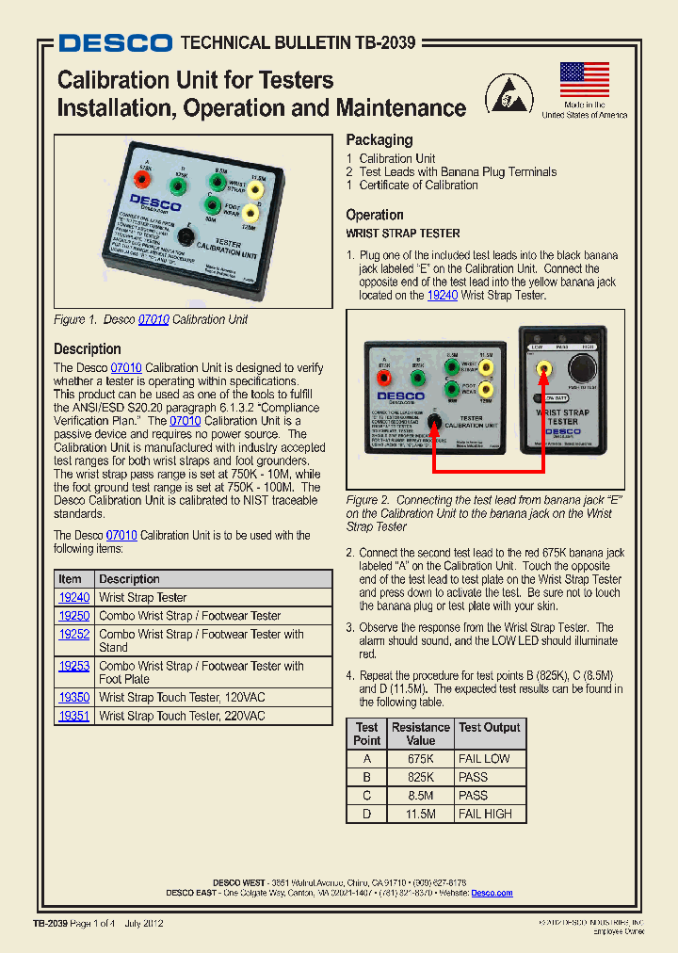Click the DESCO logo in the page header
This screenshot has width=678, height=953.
115,43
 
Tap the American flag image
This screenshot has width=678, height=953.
584,80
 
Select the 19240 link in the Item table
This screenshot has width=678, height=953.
74,598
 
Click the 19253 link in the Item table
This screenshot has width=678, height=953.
74,666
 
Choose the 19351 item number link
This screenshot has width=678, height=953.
74,717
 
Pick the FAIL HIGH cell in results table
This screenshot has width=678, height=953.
485,814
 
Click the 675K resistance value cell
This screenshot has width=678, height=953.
420,759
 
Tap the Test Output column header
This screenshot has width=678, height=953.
489,728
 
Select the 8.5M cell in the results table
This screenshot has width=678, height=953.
420,796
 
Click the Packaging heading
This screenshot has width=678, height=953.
379,139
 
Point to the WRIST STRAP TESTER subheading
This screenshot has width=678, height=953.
403,234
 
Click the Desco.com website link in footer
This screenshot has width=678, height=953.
492,893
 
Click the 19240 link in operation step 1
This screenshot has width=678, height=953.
442,296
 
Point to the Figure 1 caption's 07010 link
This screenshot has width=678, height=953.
153,319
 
